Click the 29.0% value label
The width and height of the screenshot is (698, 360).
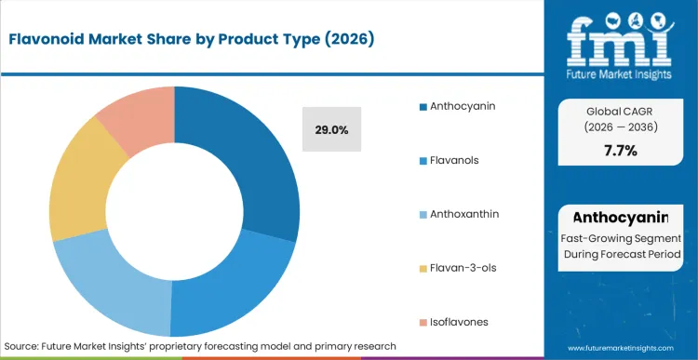point(331,130)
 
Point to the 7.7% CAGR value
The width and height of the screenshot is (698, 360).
point(619,151)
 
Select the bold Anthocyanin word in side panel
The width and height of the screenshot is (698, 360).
point(620,218)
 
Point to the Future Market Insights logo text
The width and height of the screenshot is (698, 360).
point(619,72)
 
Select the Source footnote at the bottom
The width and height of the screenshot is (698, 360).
point(200,345)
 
